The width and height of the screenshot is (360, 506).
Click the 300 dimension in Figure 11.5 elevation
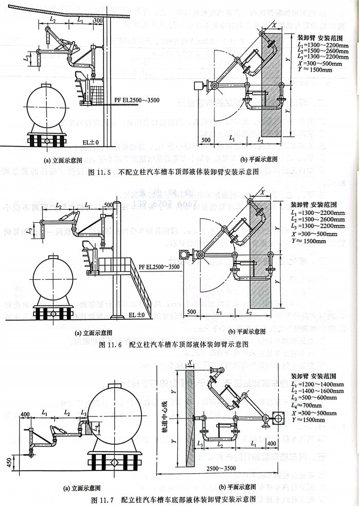click(98, 20)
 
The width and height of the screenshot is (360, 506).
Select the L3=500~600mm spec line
click(315, 399)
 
